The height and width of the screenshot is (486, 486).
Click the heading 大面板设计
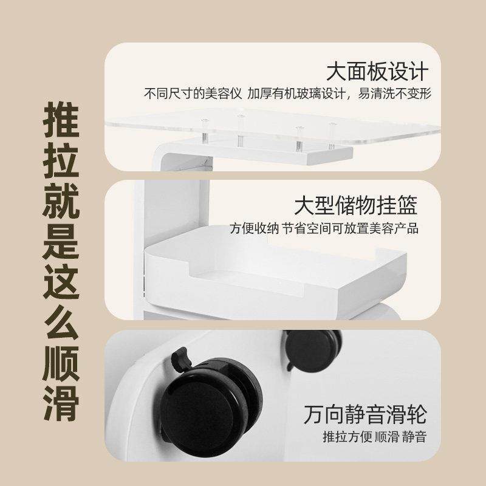point(377,72)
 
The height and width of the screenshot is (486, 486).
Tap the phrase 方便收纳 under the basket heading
point(254,228)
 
